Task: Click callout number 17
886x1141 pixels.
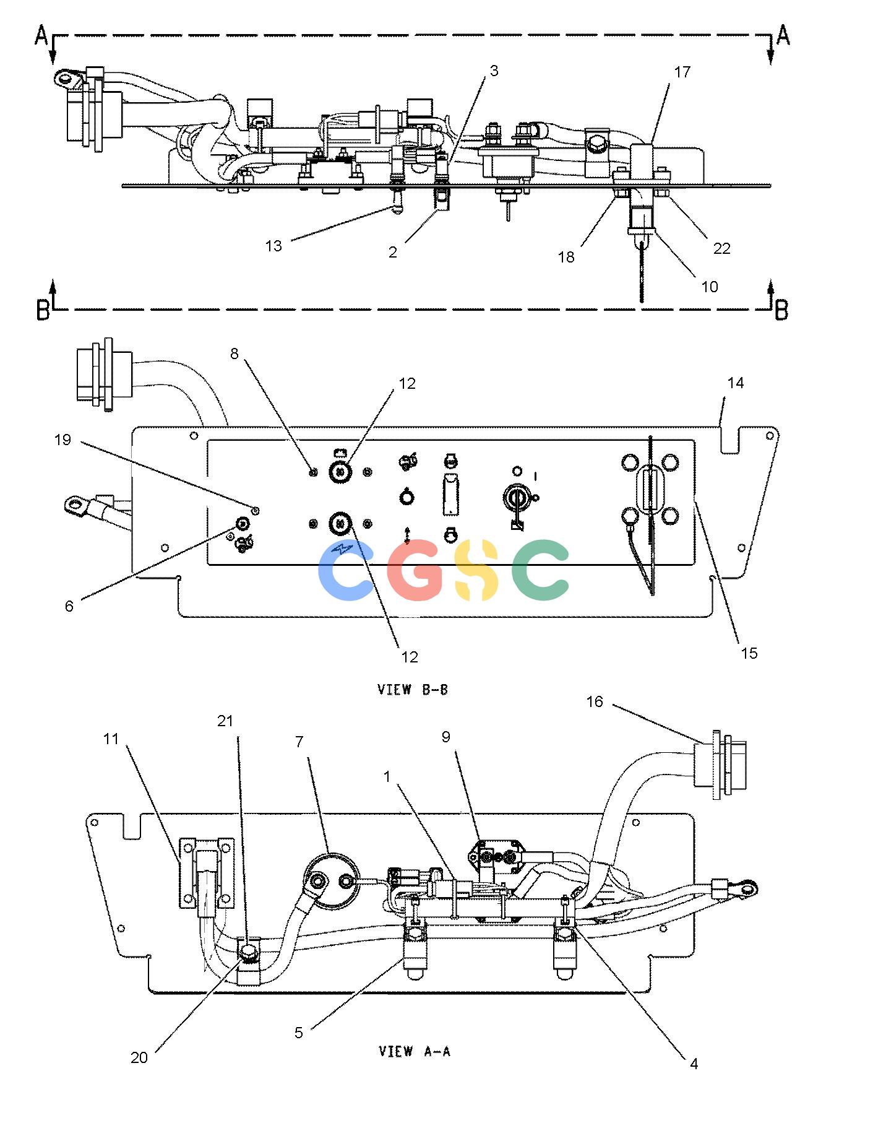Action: (x=682, y=72)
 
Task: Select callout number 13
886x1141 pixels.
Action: (x=273, y=246)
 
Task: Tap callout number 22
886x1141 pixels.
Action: (x=721, y=248)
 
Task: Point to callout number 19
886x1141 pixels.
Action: (x=62, y=440)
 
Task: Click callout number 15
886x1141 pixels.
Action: (x=749, y=654)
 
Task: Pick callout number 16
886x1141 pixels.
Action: (x=595, y=702)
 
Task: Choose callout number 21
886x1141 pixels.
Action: (x=226, y=721)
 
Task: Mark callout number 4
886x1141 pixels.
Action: (x=694, y=1064)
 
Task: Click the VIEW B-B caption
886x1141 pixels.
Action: (x=413, y=690)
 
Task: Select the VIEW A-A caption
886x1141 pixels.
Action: (x=415, y=1051)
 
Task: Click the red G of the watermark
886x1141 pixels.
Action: (x=416, y=570)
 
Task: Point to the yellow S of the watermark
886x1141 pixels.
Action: (x=476, y=570)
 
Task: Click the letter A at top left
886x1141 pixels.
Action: (x=41, y=36)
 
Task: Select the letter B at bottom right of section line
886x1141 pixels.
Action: (x=782, y=310)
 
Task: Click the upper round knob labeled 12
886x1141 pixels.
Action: (x=340, y=472)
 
